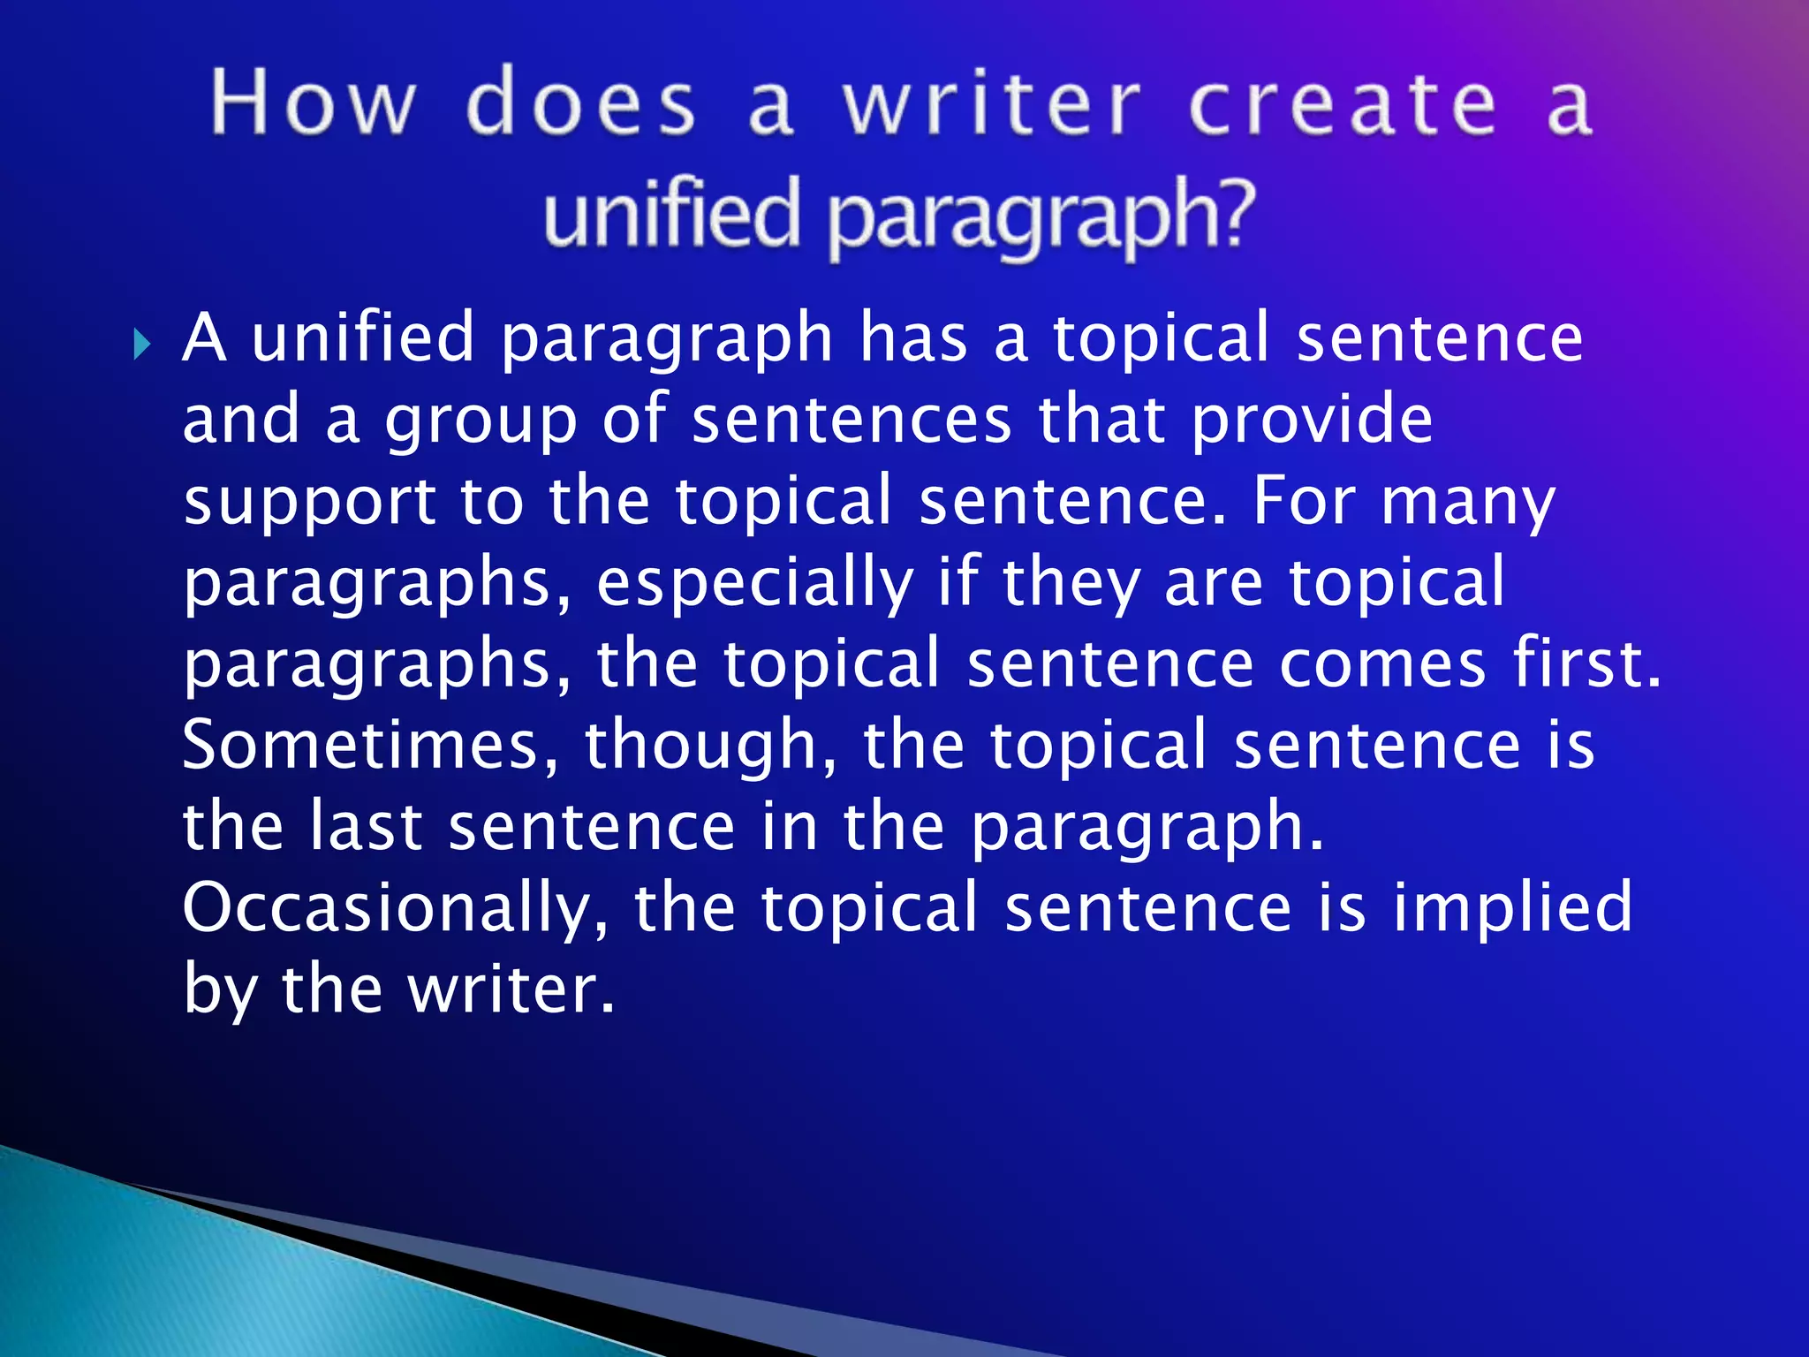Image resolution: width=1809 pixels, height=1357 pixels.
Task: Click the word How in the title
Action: click(x=312, y=104)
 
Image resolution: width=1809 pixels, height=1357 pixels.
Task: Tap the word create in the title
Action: click(x=1343, y=106)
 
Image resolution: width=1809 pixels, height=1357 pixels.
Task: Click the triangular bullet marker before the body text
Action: click(x=142, y=343)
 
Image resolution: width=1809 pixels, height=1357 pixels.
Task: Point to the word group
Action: click(x=481, y=421)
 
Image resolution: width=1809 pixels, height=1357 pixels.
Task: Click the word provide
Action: click(x=1312, y=421)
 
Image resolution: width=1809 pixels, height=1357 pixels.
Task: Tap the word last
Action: click(x=366, y=827)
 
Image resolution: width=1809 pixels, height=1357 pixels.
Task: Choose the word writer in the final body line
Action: click(x=510, y=990)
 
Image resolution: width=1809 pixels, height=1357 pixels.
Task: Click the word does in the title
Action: click(x=580, y=104)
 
